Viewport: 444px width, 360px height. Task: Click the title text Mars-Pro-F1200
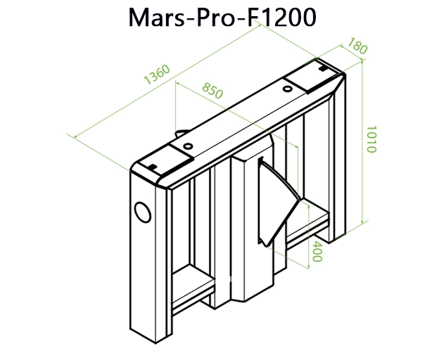pos(222,19)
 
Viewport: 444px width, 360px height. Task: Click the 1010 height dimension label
pos(372,140)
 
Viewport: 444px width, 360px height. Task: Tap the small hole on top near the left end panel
pos(187,146)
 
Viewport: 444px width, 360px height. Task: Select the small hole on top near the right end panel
pos(288,90)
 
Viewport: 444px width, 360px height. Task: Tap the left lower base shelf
pos(191,288)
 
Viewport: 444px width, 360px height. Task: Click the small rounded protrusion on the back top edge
pos(181,132)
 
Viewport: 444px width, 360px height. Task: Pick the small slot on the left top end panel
pos(151,165)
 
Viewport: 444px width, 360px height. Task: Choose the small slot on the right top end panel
pos(323,70)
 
